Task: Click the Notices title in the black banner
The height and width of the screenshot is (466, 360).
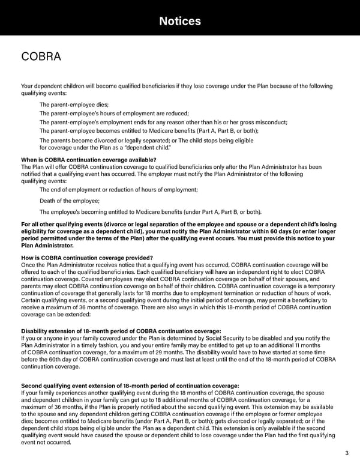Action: [180, 22]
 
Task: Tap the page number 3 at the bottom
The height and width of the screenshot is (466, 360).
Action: [347, 453]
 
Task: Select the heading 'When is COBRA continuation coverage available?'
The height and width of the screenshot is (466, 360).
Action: [88, 159]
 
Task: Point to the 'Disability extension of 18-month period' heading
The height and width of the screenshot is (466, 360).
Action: [121, 331]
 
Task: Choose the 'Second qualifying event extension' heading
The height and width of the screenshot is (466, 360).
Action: [130, 386]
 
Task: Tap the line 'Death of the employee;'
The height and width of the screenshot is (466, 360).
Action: [70, 201]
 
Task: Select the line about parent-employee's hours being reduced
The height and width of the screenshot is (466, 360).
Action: [114, 113]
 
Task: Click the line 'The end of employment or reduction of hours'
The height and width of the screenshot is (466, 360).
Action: [118, 190]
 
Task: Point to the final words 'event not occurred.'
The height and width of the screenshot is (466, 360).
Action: [46, 443]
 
